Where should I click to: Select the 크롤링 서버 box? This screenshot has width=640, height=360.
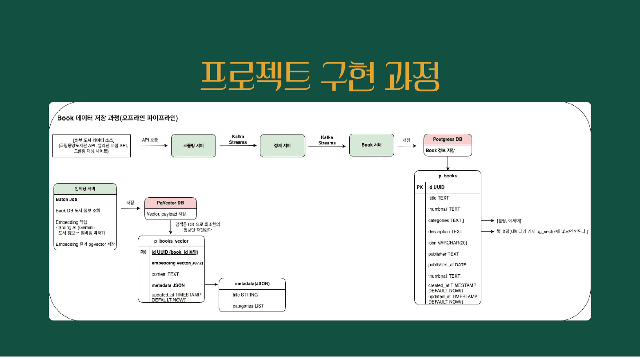(193, 145)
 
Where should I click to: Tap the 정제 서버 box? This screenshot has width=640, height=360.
(282, 145)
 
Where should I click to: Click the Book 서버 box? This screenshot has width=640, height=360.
(372, 145)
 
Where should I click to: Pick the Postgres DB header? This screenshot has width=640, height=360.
(447, 140)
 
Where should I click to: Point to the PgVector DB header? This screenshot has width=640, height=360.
(171, 203)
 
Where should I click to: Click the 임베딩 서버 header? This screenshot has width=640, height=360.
(85, 188)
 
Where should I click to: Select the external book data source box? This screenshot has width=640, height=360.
(91, 145)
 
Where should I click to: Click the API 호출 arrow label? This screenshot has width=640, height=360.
(150, 140)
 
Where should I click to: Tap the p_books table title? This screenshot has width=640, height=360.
(448, 176)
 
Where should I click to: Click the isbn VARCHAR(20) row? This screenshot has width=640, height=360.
(448, 243)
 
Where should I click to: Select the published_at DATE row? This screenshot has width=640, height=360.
(447, 265)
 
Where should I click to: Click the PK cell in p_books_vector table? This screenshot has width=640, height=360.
(143, 252)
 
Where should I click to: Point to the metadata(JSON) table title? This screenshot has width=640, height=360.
(252, 284)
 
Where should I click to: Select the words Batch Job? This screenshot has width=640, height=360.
(66, 200)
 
